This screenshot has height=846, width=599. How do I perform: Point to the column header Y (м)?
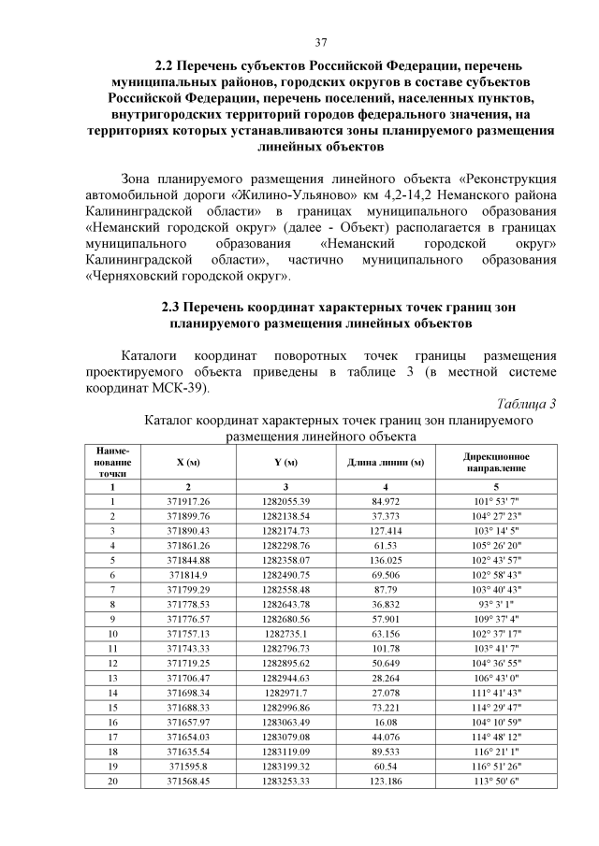tap(286, 463)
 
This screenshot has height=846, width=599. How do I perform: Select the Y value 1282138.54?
tap(286, 516)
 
